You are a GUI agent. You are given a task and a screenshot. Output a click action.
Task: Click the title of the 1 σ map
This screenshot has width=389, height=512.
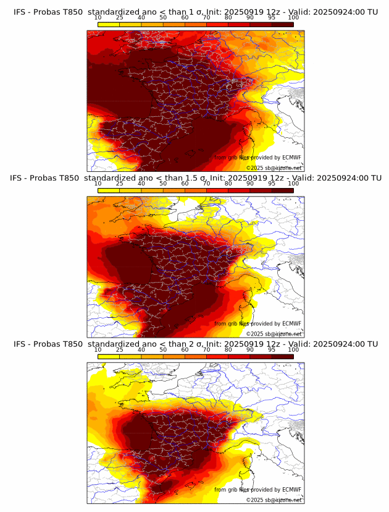pos(195,12)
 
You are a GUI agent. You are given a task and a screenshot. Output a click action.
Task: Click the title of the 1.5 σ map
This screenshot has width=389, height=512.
pos(195,178)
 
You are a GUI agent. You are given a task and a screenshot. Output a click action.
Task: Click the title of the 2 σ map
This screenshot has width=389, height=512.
pos(195,344)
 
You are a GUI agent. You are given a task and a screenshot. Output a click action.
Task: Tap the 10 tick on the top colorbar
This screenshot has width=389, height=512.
pos(98,18)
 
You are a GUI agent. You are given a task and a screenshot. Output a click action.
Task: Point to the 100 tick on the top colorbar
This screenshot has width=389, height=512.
pos(293,18)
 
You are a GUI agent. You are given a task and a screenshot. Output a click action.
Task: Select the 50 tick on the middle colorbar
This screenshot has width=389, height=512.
pos(163,184)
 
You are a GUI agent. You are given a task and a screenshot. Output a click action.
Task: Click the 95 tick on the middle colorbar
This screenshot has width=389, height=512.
pos(272,184)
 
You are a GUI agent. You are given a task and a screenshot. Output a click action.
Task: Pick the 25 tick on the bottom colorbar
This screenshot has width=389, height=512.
pos(120,351)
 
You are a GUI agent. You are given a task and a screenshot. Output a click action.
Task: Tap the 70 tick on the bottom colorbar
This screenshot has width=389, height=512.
pos(206,351)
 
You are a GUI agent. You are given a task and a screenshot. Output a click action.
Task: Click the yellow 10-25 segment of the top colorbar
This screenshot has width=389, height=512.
pos(109,24)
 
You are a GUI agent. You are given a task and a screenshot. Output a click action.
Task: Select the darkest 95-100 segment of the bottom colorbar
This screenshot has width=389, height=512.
pos(282,357)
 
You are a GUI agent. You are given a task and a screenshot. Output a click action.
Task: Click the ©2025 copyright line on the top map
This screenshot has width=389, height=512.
pos(274,168)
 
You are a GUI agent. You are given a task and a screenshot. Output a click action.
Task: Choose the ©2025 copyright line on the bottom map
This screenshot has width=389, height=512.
pos(274,500)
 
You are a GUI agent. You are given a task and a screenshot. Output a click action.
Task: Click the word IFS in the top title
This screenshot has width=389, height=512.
pos(20,12)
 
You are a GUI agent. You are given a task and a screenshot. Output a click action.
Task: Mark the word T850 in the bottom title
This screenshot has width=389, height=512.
pos(72,344)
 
